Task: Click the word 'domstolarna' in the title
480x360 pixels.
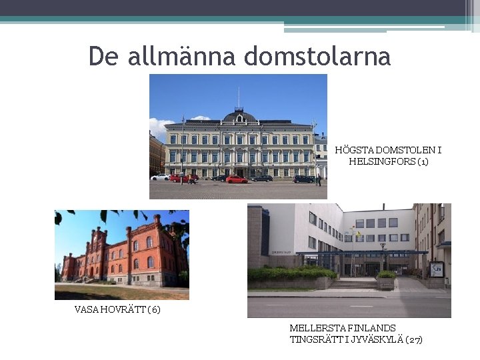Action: pyautogui.click(x=317, y=56)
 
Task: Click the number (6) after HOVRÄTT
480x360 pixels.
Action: pyautogui.click(x=154, y=309)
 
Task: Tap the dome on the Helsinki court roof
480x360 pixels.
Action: pyautogui.click(x=239, y=117)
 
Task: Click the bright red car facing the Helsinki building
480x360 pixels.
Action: pyautogui.click(x=236, y=179)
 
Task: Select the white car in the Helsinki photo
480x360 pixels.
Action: pyautogui.click(x=160, y=177)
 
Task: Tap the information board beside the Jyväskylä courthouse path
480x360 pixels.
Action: pyautogui.click(x=437, y=269)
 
